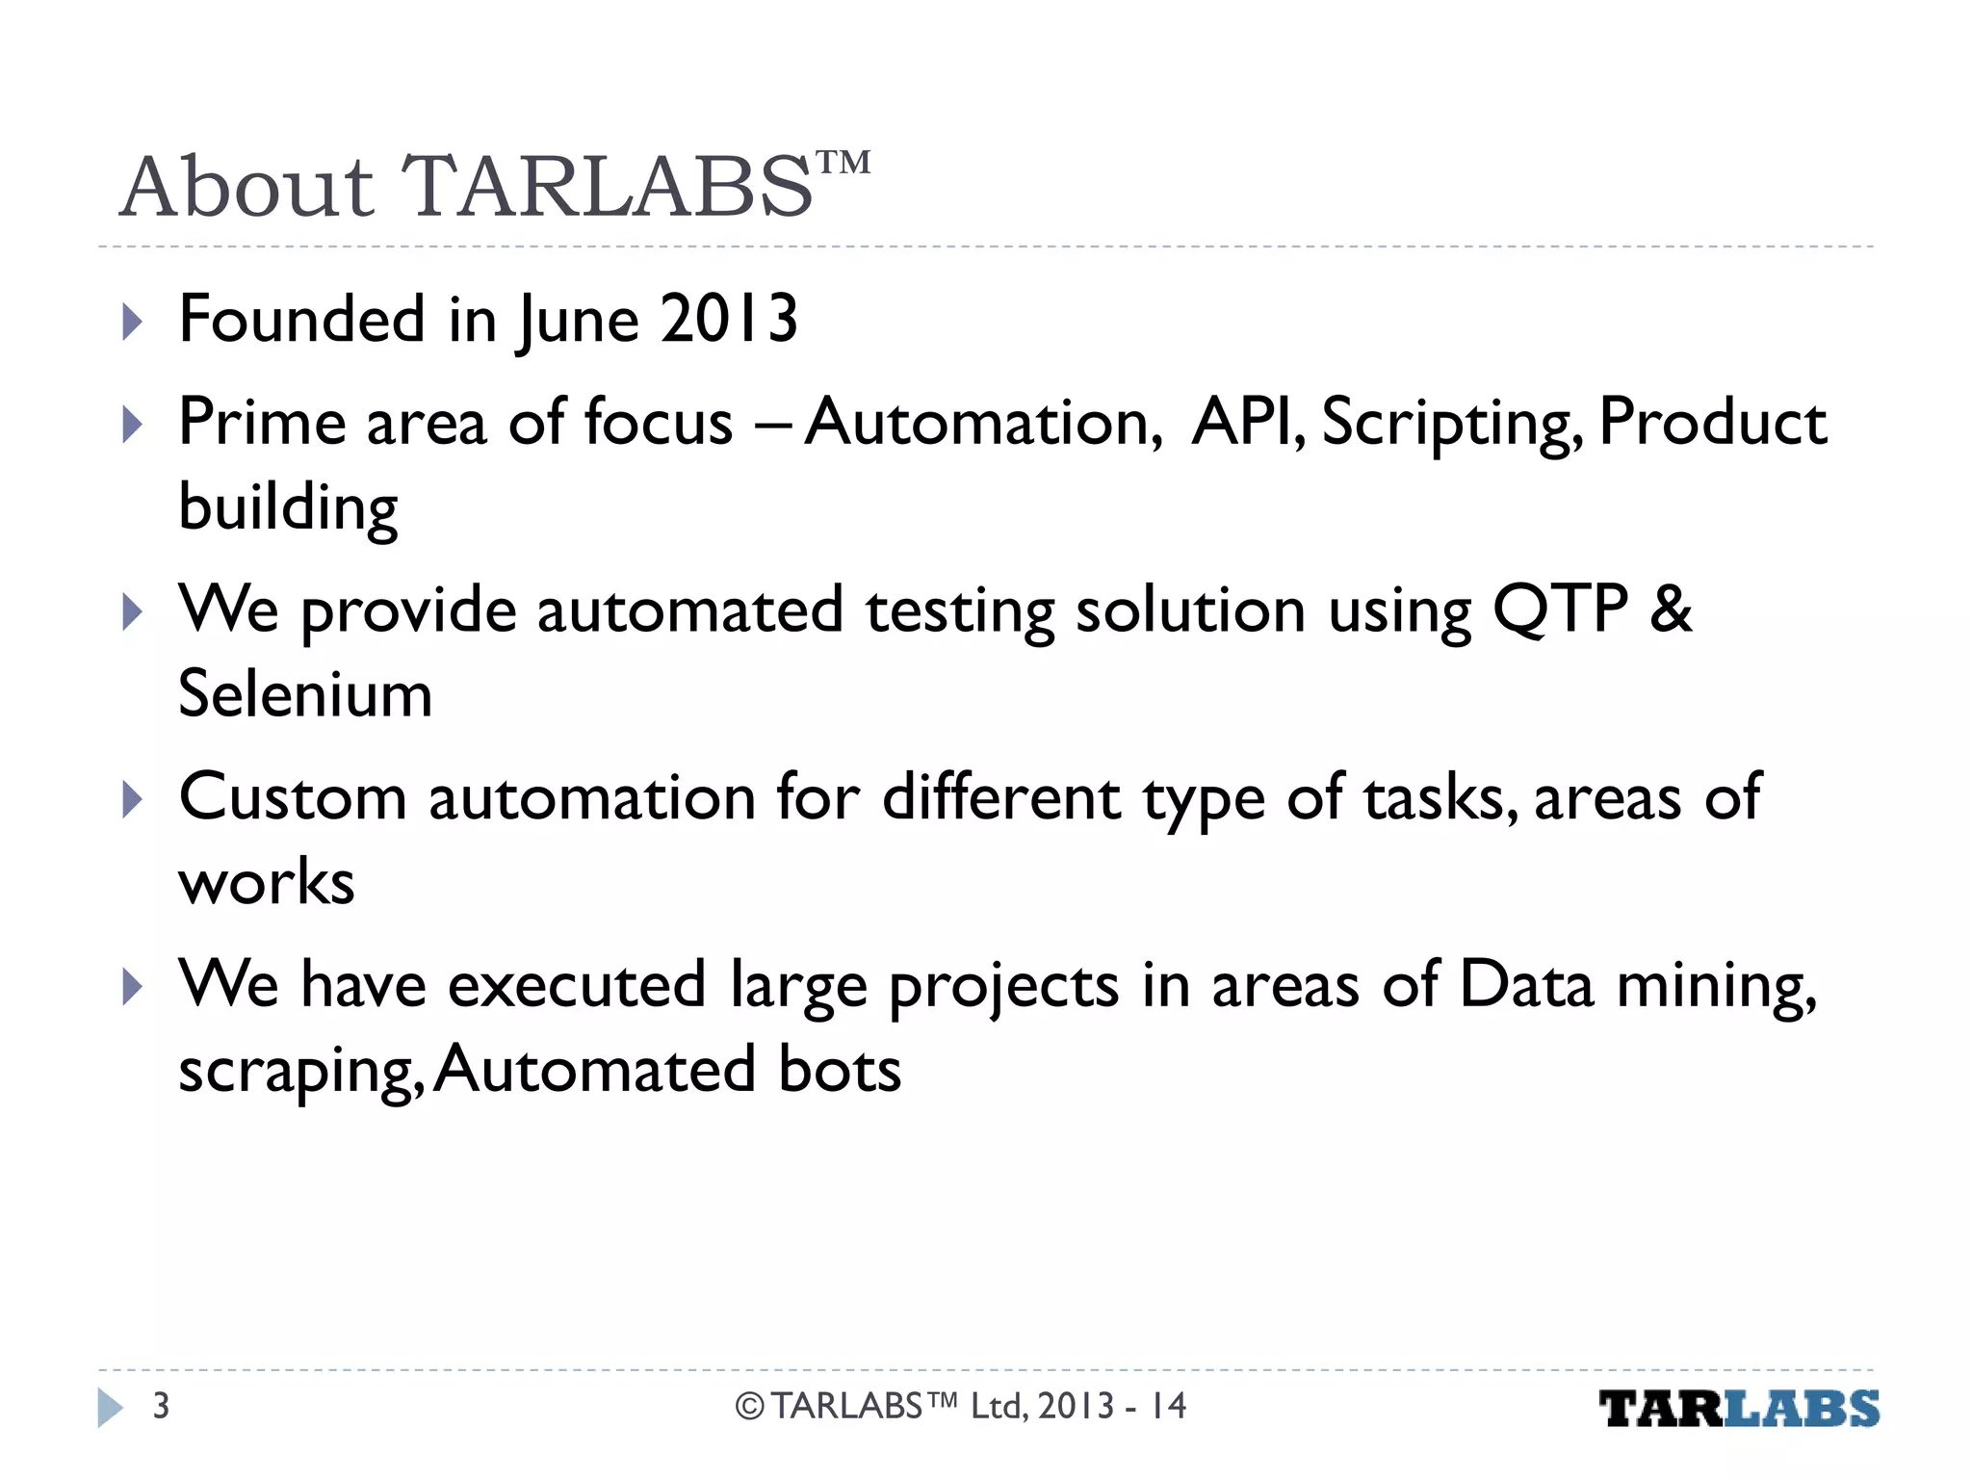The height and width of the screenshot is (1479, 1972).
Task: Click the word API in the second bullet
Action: coord(1246,423)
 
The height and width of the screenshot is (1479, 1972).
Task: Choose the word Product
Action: coord(1712,423)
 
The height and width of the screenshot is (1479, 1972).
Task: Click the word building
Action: coord(288,508)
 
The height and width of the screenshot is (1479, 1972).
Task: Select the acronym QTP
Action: coord(1560,610)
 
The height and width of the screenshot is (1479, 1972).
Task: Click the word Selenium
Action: coord(305,694)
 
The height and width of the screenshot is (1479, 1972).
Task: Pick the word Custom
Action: coord(293,798)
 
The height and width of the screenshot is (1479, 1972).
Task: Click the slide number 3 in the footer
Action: coord(161,1407)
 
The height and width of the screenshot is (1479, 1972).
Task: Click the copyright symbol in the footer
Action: coord(749,1407)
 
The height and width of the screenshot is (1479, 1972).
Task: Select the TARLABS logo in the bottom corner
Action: coord(1739,1409)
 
